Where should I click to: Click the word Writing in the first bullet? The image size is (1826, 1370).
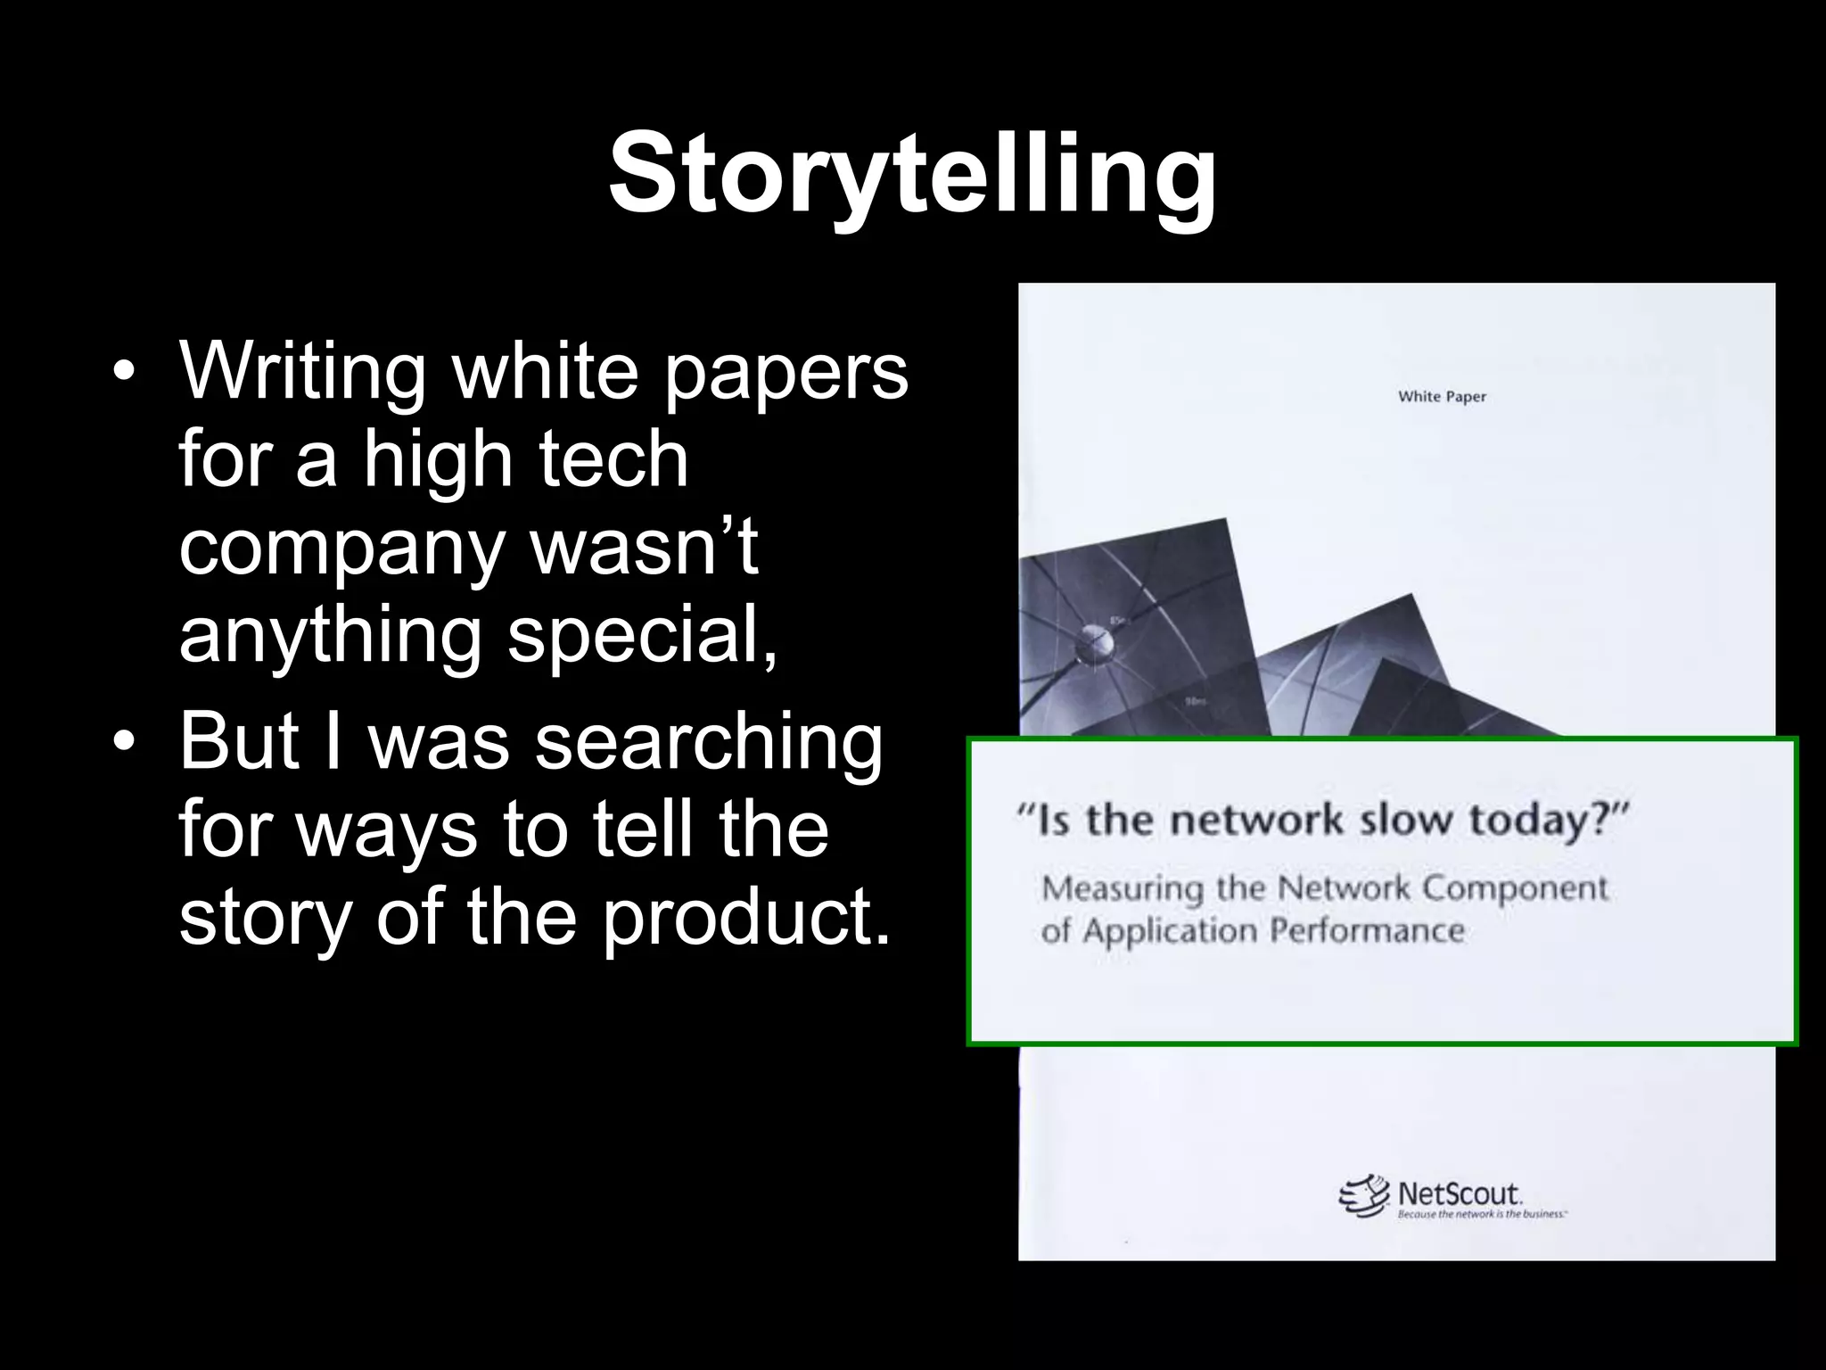303,372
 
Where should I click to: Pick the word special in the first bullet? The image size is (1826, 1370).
643,638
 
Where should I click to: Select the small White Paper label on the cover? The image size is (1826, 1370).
1442,397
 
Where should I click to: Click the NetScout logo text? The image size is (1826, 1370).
1459,1194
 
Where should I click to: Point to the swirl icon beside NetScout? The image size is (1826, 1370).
1364,1196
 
